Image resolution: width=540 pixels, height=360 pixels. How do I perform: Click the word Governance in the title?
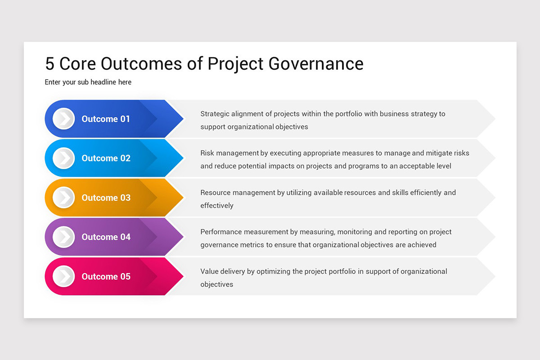pyautogui.click(x=316, y=63)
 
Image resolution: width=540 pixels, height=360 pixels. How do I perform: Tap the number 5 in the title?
pyautogui.click(x=49, y=63)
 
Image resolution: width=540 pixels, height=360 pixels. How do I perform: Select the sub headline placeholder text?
pyautogui.click(x=88, y=82)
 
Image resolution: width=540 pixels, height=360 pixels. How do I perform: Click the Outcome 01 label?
pyautogui.click(x=106, y=119)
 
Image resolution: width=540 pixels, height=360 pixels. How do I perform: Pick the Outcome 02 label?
pyautogui.click(x=106, y=158)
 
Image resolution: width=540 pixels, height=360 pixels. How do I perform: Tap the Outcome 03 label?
pyautogui.click(x=106, y=198)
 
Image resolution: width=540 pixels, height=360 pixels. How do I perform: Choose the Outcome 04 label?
pyautogui.click(x=106, y=237)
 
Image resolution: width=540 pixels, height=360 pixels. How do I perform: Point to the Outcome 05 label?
pyautogui.click(x=106, y=276)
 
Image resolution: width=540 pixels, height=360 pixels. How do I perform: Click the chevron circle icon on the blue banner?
pyautogui.click(x=63, y=119)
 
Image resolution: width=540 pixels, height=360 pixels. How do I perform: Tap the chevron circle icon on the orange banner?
pyautogui.click(x=63, y=198)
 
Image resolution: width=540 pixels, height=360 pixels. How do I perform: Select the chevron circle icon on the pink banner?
pyautogui.click(x=63, y=276)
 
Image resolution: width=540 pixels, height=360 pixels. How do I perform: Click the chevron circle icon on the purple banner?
pyautogui.click(x=63, y=237)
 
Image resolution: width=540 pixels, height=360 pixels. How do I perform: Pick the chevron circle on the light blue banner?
pyautogui.click(x=63, y=158)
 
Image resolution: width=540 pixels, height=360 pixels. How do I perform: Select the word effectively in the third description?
pyautogui.click(x=217, y=206)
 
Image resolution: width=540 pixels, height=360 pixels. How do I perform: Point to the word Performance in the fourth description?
pyautogui.click(x=221, y=232)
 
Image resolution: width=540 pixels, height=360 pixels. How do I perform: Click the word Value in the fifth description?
pyautogui.click(x=209, y=271)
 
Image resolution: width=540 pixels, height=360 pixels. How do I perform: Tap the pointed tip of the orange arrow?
pyautogui.click(x=182, y=198)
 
